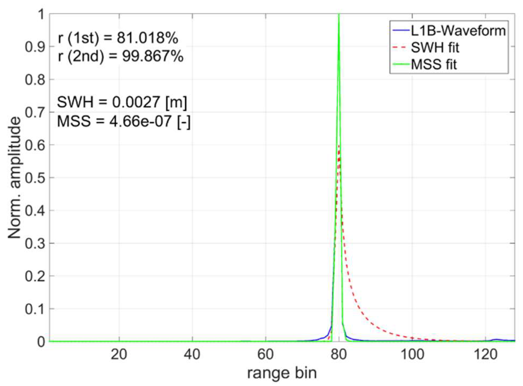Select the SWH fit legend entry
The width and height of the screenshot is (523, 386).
pos(435,48)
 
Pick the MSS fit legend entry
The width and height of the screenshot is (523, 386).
pos(434,65)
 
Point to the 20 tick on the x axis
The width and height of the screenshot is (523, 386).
pos(119,355)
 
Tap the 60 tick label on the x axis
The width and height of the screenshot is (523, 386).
pos(265,355)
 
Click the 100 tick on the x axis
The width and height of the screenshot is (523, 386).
pos(412,355)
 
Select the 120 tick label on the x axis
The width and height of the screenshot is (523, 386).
pos(485,355)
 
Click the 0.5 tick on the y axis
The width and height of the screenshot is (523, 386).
pos(35,178)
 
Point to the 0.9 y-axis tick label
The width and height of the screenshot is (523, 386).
pos(35,47)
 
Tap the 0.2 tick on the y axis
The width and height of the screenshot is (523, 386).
pos(35,276)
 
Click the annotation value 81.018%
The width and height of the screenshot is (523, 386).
pos(147,38)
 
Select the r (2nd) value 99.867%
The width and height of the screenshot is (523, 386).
pos(153,56)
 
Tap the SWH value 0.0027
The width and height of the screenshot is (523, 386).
pos(136,102)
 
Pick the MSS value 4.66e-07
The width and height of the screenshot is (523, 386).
pos(140,121)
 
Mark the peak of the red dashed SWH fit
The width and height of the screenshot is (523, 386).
pos(339,146)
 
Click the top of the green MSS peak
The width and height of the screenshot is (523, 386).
pos(339,15)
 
